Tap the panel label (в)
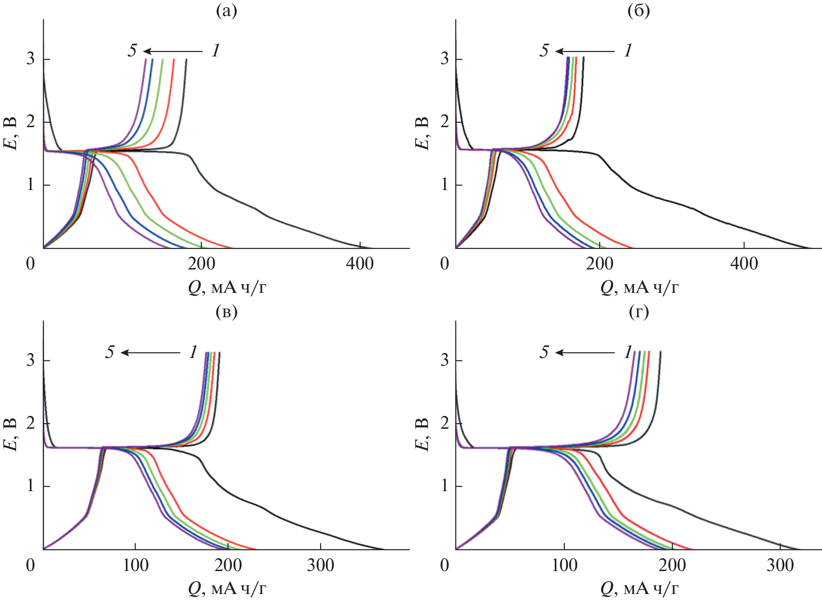click(x=226, y=312)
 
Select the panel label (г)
click(x=638, y=312)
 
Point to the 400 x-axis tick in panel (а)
click(x=360, y=264)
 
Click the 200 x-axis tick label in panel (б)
click(x=599, y=264)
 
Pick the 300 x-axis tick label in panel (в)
click(x=320, y=565)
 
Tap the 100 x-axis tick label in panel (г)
click(x=564, y=565)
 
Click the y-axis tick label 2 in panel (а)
click(x=30, y=122)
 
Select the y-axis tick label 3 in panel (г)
click(x=444, y=360)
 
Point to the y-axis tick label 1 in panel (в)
click(x=30, y=486)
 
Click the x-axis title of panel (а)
click(x=227, y=288)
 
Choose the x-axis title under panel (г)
click(x=639, y=589)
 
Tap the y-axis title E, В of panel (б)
click(x=422, y=134)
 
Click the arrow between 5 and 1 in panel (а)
click(x=172, y=51)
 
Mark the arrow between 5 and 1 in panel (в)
click(x=150, y=353)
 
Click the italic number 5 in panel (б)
click(x=544, y=50)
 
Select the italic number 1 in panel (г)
click(x=628, y=352)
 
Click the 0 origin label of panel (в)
click(x=30, y=565)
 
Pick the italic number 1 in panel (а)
click(x=215, y=50)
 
